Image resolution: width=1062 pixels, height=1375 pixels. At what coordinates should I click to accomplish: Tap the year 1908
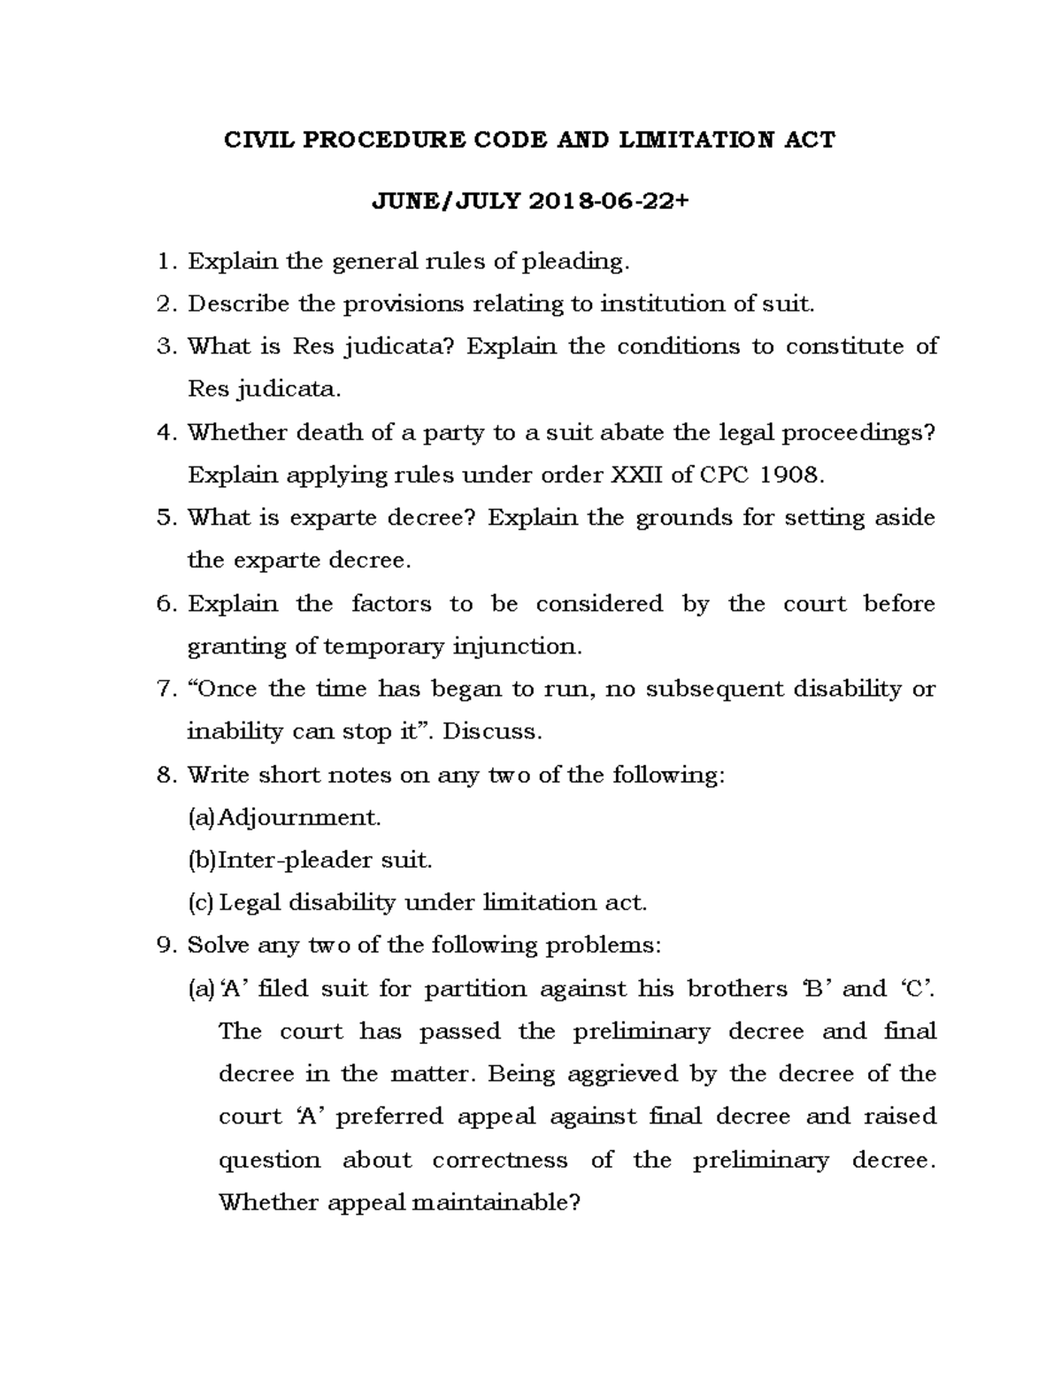(793, 475)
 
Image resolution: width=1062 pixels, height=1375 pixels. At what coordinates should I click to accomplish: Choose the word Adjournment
(299, 817)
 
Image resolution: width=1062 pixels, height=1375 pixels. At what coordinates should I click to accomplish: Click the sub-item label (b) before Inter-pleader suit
(202, 860)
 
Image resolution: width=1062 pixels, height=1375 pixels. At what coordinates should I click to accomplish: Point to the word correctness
(500, 1161)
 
